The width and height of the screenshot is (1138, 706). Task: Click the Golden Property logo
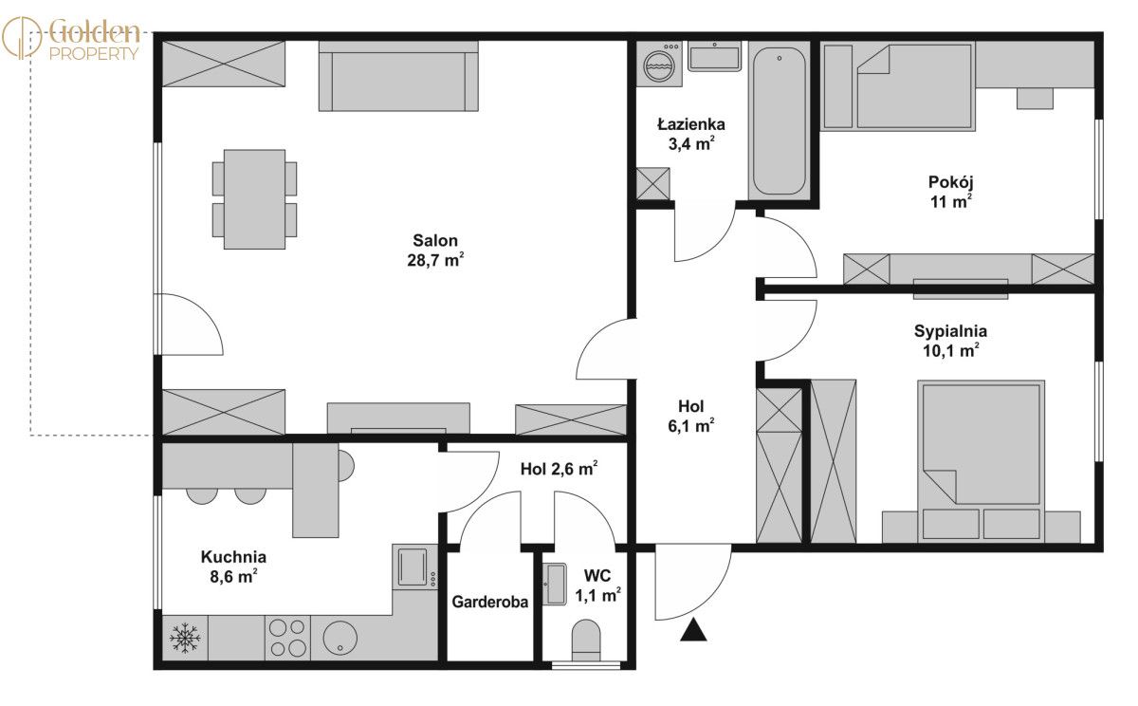(x=70, y=39)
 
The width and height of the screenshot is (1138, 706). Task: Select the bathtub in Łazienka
(x=779, y=120)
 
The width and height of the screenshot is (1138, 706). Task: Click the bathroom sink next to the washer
(x=714, y=56)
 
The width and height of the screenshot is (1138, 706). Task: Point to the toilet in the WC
(x=586, y=640)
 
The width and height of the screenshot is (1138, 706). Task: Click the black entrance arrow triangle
(x=693, y=630)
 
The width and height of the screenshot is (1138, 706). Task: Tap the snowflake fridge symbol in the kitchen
(x=185, y=638)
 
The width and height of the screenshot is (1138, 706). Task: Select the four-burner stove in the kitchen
(x=287, y=638)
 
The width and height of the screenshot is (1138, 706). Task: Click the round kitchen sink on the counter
(x=340, y=638)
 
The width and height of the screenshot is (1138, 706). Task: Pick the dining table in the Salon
(x=254, y=199)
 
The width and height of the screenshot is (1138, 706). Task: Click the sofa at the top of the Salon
(x=398, y=76)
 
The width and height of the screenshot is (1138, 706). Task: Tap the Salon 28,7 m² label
(x=435, y=251)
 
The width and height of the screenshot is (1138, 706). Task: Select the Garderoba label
(x=489, y=602)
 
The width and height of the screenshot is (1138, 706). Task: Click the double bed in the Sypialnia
(x=981, y=461)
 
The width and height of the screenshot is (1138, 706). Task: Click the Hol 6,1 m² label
(x=691, y=416)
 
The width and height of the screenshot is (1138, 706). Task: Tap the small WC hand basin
(x=554, y=584)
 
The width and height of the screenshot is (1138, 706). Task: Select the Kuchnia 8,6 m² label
(x=233, y=567)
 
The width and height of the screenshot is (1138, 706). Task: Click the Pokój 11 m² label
(x=950, y=192)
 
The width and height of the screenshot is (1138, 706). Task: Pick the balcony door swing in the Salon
(x=192, y=324)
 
